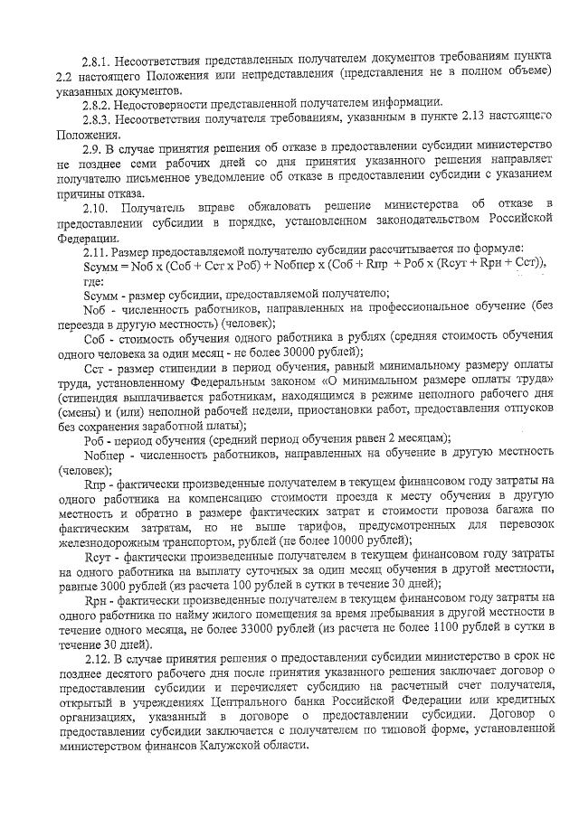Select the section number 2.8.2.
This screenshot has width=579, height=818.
[x=94, y=104]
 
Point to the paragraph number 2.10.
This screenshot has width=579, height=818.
[x=98, y=207]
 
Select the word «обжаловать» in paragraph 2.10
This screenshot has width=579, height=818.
[x=272, y=207]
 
